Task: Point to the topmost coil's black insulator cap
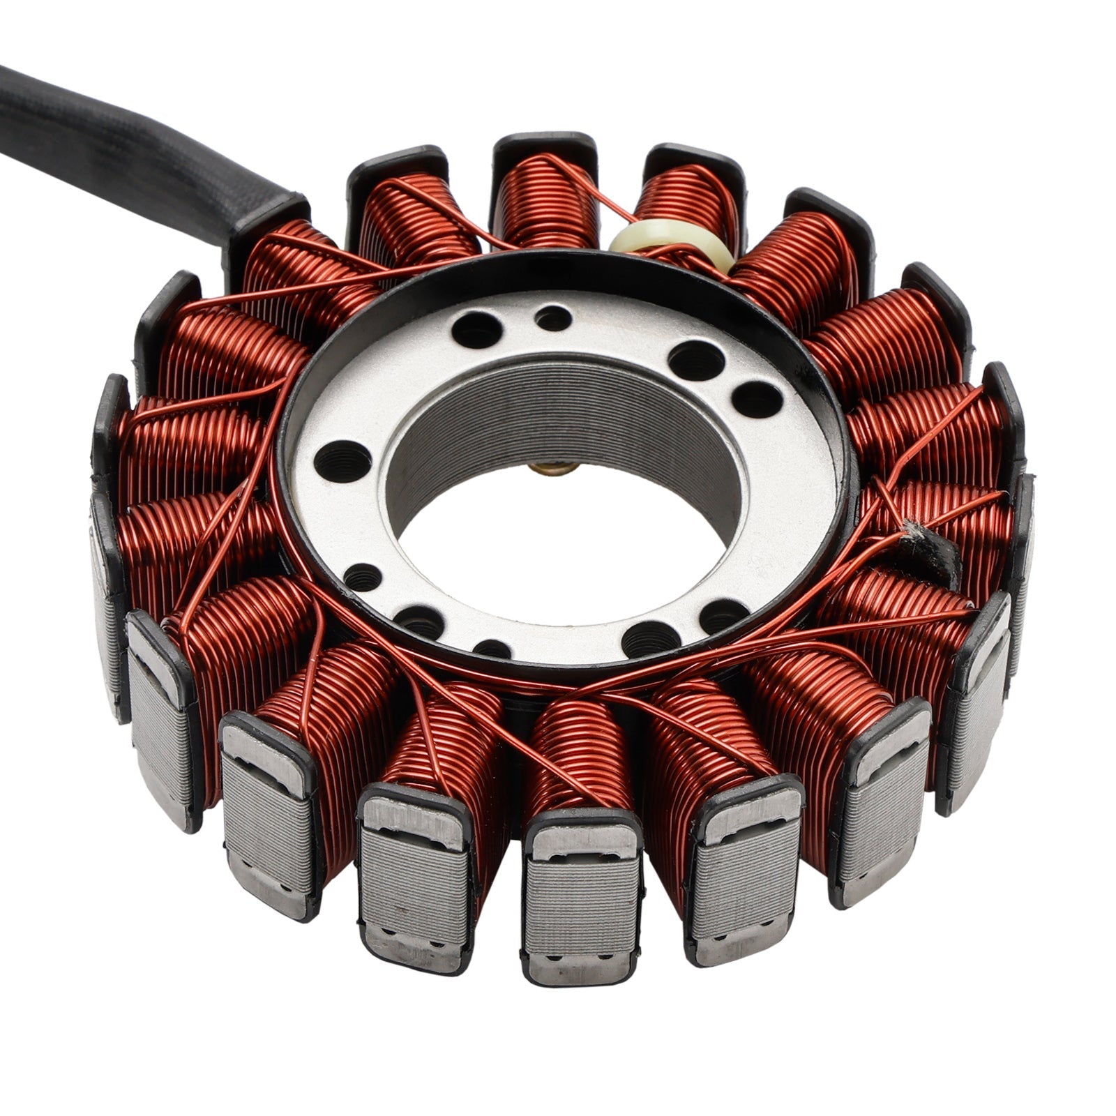click(x=544, y=146)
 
